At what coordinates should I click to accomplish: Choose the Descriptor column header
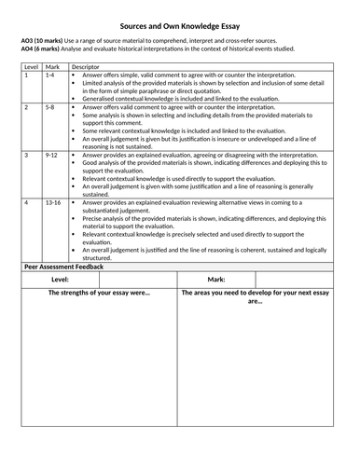(86, 67)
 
